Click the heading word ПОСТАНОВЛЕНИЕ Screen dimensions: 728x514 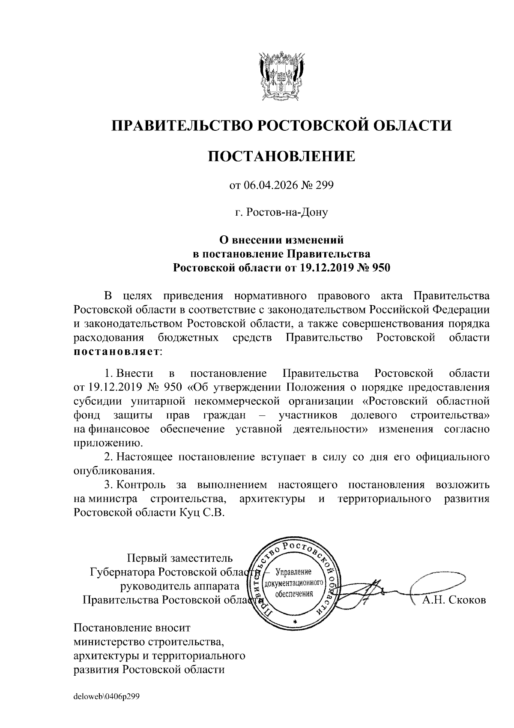(281, 156)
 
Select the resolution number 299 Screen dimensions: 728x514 (324, 186)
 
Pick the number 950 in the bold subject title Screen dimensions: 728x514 (381, 268)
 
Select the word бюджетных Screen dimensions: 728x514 (188, 338)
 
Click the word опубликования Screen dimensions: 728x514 (114, 471)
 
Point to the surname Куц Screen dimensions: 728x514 (188, 513)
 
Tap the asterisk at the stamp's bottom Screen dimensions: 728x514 (294, 621)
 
